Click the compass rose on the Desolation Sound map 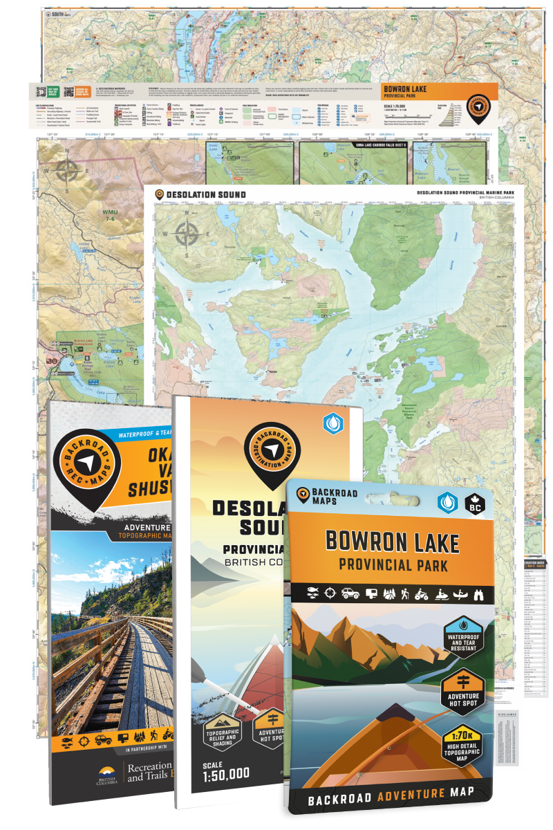(186, 234)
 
